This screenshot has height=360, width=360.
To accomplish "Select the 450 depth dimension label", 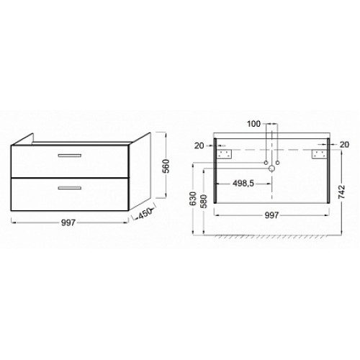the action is pyautogui.click(x=145, y=213).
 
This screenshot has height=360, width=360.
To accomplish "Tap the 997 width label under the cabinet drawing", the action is pyautogui.click(x=68, y=223).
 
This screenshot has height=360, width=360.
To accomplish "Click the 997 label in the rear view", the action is pyautogui.click(x=271, y=215).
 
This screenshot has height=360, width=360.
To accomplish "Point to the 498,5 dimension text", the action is pyautogui.click(x=243, y=184).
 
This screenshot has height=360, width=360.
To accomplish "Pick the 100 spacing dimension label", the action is pyautogui.click(x=253, y=124).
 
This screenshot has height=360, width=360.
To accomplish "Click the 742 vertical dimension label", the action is pyautogui.click(x=341, y=192).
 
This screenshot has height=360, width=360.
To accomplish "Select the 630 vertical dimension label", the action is pyautogui.click(x=193, y=199).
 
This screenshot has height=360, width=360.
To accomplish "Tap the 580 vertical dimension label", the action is pyautogui.click(x=203, y=202).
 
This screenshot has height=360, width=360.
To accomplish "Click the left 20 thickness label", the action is pyautogui.click(x=199, y=145).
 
